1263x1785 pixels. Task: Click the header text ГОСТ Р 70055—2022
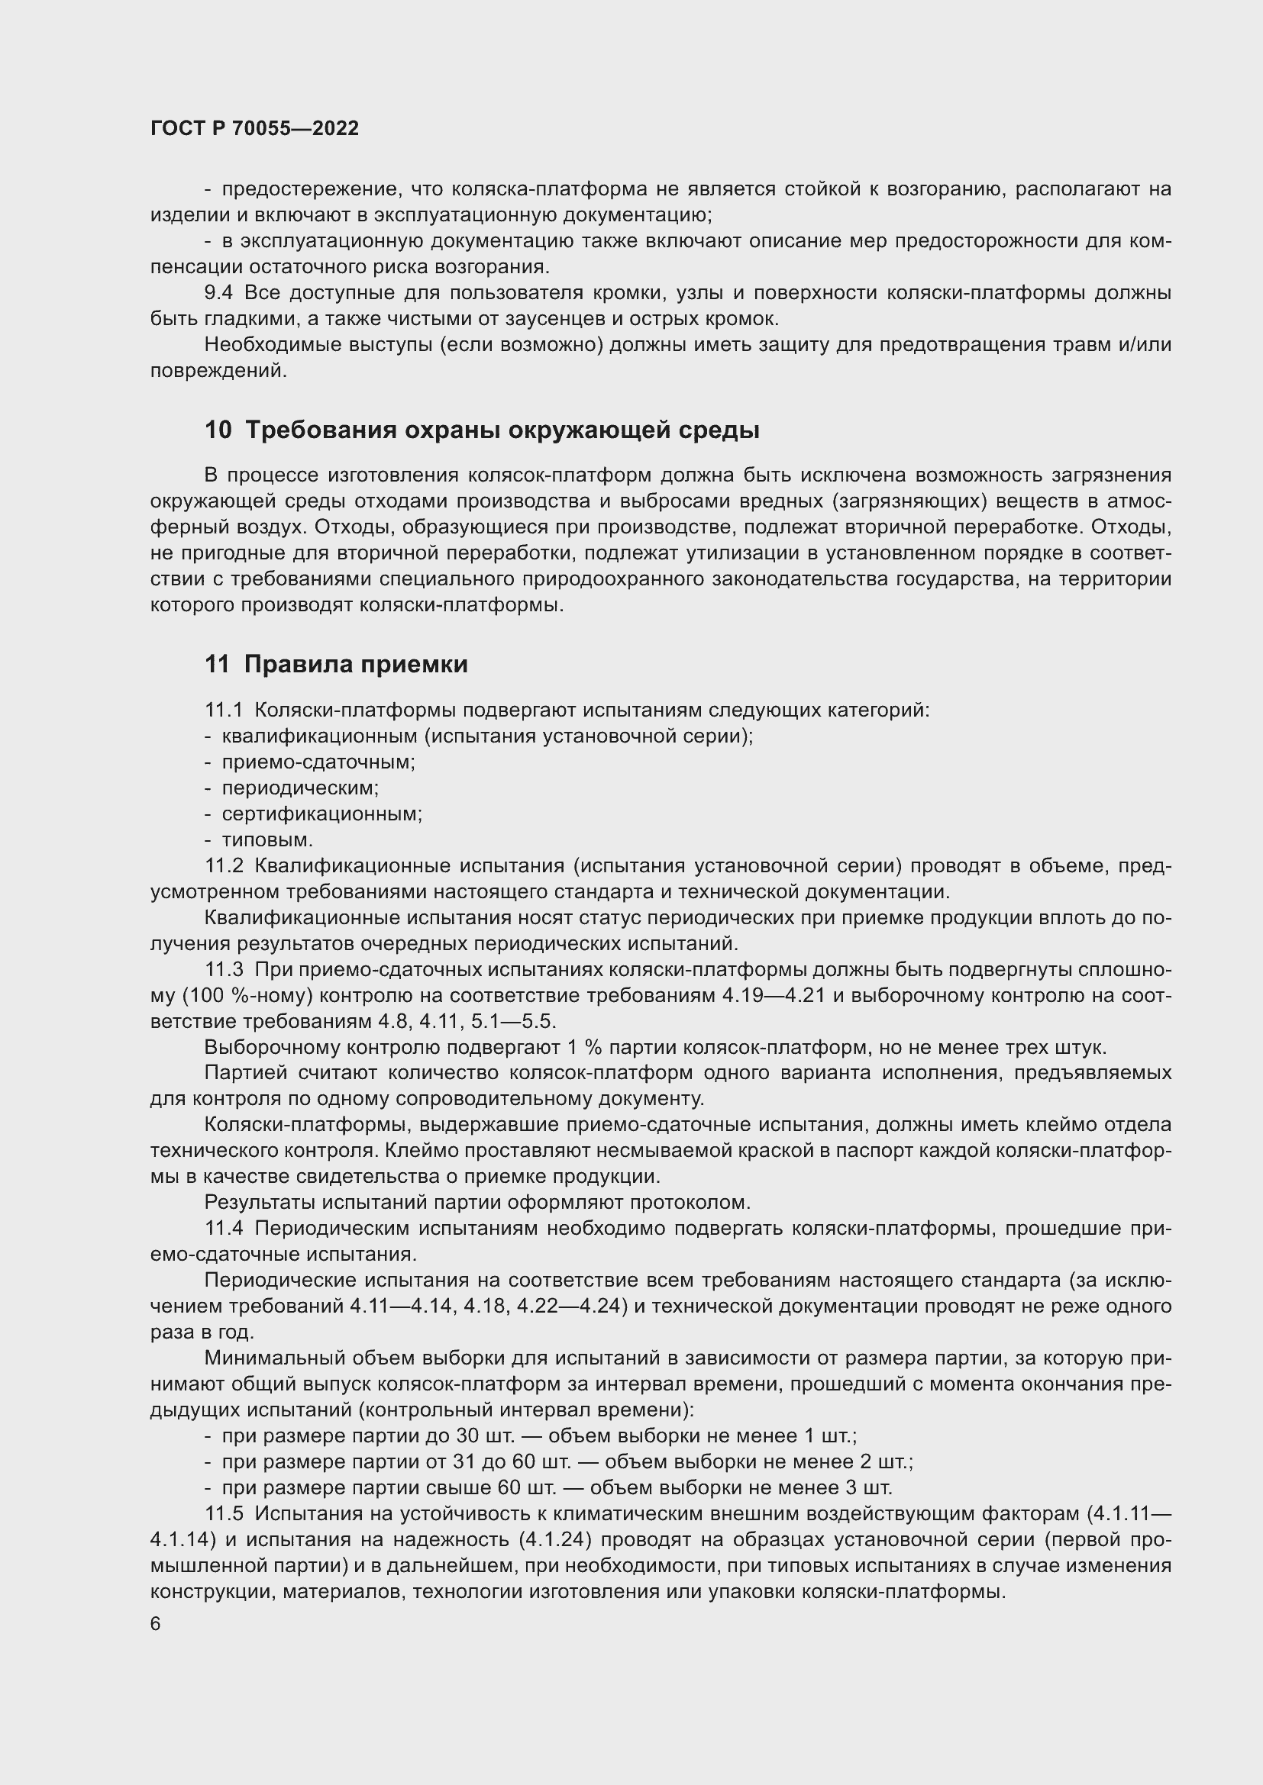[254, 128]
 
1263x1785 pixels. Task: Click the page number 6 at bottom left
[156, 1624]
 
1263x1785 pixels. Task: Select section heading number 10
[218, 430]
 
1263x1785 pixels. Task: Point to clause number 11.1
[224, 710]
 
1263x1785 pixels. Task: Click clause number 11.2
[224, 865]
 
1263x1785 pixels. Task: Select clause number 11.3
[224, 969]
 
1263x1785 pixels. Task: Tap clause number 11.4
[224, 1229]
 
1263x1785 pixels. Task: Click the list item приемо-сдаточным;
[318, 762]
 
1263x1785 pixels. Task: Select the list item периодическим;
[300, 788]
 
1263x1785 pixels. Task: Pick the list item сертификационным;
[322, 814]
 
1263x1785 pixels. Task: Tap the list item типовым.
[266, 839]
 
